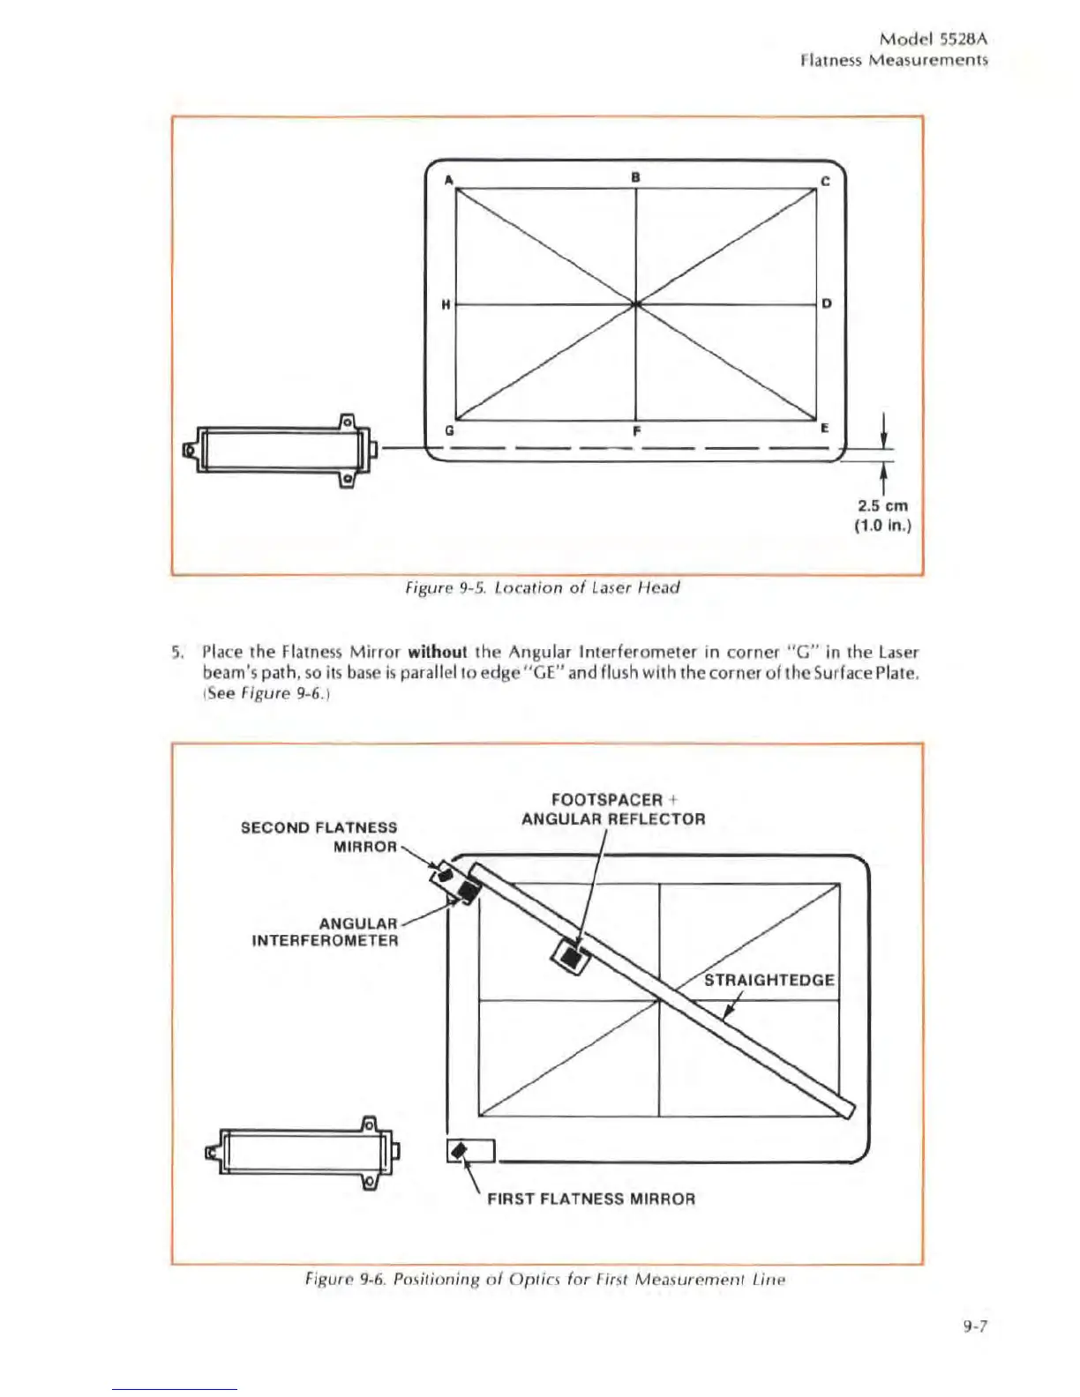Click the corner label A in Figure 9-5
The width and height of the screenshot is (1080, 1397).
(x=448, y=180)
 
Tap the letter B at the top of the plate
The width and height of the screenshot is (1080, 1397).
(x=635, y=176)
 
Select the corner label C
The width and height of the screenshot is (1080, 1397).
(x=825, y=182)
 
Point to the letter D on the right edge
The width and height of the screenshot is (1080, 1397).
(x=827, y=304)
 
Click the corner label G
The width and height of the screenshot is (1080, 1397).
(x=449, y=431)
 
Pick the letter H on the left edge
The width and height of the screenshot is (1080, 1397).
(x=446, y=304)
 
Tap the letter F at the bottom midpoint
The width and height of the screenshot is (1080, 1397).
(x=635, y=432)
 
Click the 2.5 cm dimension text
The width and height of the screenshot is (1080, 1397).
(x=882, y=506)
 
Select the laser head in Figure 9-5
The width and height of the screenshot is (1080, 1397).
(x=279, y=450)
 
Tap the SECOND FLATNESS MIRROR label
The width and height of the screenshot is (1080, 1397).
(x=319, y=837)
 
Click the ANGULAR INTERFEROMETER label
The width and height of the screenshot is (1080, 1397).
(x=326, y=932)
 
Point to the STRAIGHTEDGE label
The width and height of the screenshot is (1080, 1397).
(x=769, y=980)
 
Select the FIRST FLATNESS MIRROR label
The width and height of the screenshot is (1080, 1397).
(x=591, y=1199)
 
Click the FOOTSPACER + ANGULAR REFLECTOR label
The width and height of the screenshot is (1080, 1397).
(x=613, y=810)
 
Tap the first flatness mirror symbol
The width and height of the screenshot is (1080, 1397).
(x=458, y=1151)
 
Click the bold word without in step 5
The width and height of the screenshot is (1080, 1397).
(x=438, y=653)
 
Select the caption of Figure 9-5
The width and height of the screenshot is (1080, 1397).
(x=543, y=588)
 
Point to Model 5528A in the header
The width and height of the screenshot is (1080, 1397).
(x=934, y=40)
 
